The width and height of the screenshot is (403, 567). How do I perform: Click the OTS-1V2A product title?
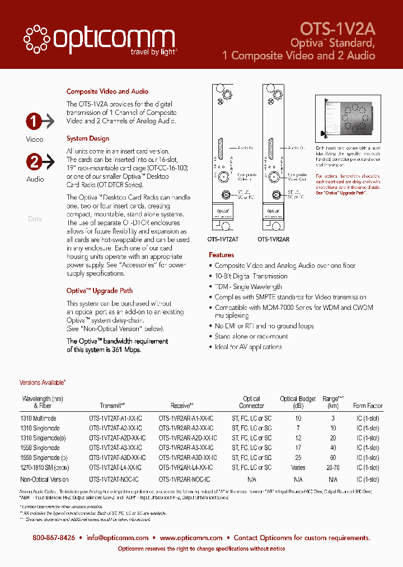[338, 29]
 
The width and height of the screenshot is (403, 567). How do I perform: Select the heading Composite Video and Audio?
[107, 91]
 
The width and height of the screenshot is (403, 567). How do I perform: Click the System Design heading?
[88, 138]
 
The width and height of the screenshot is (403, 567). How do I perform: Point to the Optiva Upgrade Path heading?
[100, 291]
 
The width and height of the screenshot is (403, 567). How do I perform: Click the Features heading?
[222, 255]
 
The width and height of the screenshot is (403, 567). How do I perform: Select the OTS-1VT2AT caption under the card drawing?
[223, 239]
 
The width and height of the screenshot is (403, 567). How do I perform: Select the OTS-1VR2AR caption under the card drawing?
[273, 239]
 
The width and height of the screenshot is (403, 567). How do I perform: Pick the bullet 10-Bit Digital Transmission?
[251, 276]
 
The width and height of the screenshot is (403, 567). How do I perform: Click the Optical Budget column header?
[298, 402]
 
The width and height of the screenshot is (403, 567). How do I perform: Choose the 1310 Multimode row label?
[39, 419]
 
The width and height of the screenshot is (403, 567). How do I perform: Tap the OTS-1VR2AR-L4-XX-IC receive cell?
[186, 467]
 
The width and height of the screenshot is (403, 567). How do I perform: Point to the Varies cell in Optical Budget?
[298, 467]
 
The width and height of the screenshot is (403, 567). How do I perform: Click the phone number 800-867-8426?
[54, 538]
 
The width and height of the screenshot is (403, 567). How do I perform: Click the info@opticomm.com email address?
[118, 538]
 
